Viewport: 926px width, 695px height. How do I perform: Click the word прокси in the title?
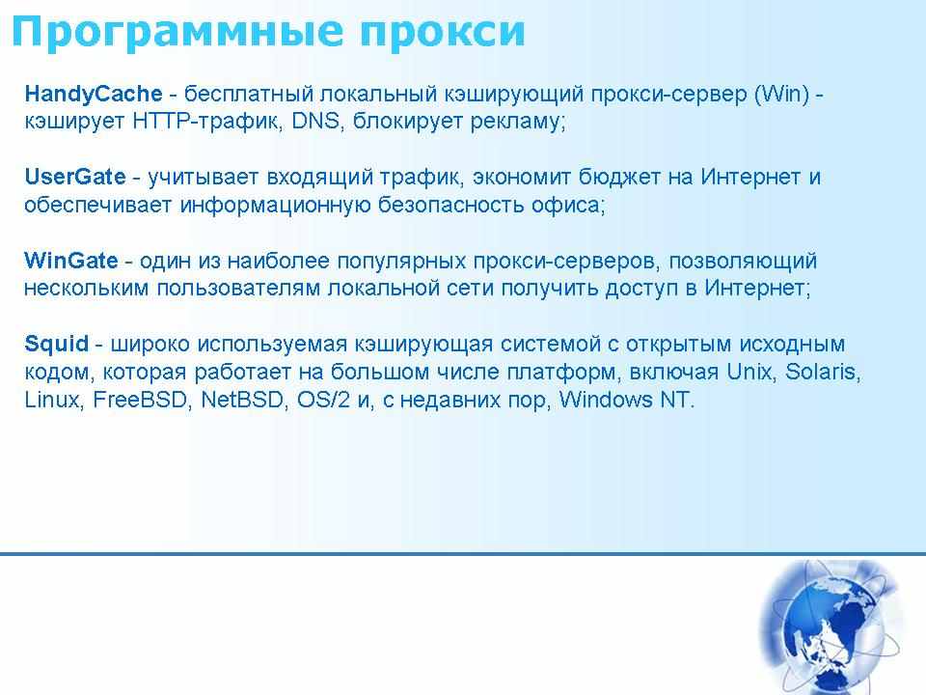pos(443,33)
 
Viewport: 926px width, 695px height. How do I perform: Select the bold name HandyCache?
pos(94,94)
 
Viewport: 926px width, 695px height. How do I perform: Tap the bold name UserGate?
pos(75,177)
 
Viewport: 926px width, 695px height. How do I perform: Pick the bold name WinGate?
pos(70,260)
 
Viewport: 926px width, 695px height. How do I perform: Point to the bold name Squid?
pos(56,344)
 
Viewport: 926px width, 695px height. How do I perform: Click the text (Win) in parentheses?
pos(781,94)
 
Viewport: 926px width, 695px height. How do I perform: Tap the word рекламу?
pos(518,122)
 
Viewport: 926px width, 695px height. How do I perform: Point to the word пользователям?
pos(238,289)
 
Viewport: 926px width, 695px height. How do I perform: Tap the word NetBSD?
pos(243,400)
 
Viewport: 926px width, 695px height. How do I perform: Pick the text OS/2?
pos(323,400)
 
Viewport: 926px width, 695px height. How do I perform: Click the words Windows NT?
pos(626,400)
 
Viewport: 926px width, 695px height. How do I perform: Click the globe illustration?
pos(830,627)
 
